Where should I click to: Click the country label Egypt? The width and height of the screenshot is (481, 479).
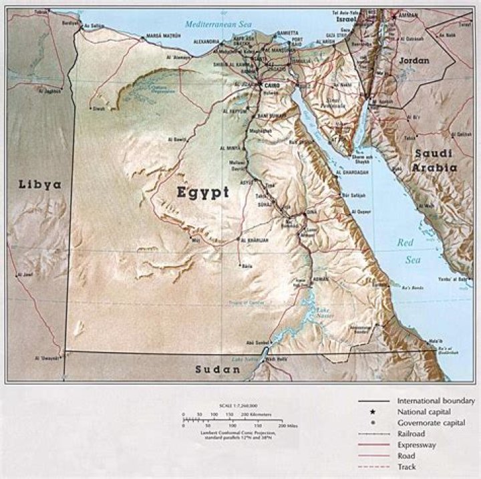coord(203,192)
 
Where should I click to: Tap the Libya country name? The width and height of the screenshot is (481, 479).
coord(39,184)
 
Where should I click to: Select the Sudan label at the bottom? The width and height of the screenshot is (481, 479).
coord(217,370)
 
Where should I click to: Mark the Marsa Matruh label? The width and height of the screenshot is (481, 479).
coord(164,35)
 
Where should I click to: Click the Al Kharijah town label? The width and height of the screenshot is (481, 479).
coord(255,240)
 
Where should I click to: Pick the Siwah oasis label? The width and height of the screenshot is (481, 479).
coord(99,108)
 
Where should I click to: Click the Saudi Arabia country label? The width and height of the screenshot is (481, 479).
coord(434,160)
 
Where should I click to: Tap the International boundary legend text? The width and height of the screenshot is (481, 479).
coord(435,401)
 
